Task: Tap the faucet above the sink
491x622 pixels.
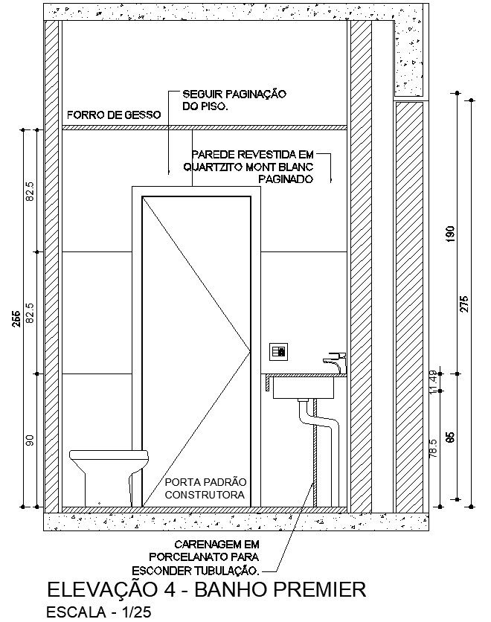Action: click(x=334, y=363)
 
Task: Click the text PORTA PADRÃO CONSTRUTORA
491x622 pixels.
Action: click(x=205, y=488)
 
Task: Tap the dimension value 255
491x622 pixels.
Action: click(x=16, y=318)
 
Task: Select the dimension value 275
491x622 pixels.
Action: click(x=465, y=305)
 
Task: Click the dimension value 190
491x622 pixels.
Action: click(x=449, y=235)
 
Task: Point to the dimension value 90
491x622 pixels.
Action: click(x=30, y=440)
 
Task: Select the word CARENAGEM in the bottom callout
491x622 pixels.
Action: click(x=203, y=544)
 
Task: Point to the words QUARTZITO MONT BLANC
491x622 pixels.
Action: click(x=249, y=167)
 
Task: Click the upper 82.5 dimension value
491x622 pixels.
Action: click(x=30, y=191)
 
